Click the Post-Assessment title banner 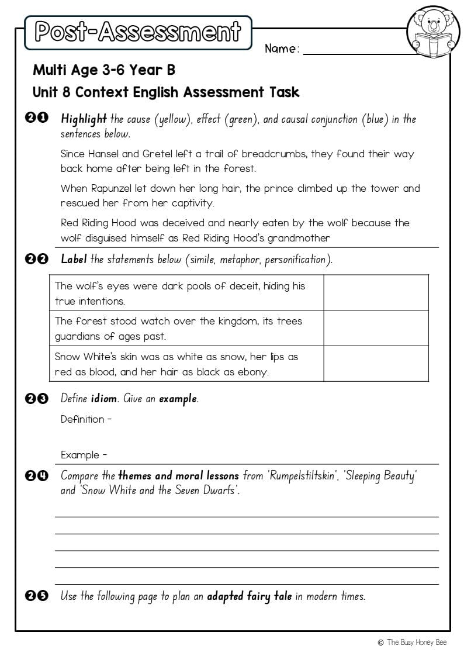point(138,32)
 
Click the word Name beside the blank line point(281,49)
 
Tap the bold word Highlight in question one point(84,119)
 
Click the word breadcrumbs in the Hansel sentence point(274,154)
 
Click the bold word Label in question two point(74,260)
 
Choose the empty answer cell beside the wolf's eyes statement point(376,293)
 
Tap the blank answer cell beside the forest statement point(376,328)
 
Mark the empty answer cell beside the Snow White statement point(376,364)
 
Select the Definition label point(82,419)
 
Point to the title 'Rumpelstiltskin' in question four point(302,475)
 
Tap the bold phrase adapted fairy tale point(249,596)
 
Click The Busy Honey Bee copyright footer point(413,643)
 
